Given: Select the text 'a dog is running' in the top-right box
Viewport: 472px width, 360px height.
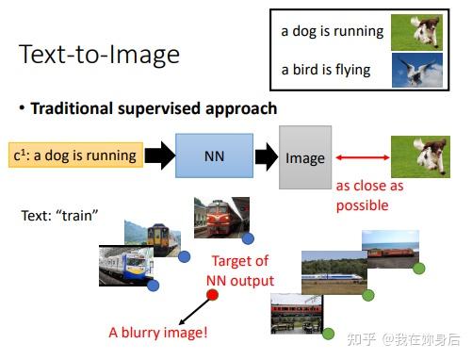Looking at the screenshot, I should pos(332,31).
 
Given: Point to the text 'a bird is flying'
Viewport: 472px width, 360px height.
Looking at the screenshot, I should pos(325,70).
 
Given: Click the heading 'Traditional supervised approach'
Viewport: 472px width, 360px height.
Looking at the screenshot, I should pos(154,108).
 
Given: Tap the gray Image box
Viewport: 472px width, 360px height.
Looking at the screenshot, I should pos(304,157).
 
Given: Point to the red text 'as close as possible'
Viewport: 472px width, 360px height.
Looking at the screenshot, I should pos(369,195).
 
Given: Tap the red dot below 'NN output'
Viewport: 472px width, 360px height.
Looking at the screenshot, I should pos(213,297).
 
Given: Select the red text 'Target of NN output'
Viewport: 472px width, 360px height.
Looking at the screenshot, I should pos(240,270).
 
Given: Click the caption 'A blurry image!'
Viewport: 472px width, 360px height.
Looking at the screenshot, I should pos(157,332).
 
